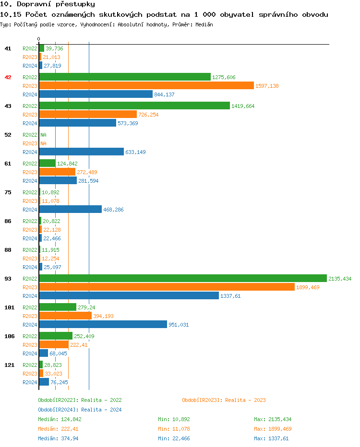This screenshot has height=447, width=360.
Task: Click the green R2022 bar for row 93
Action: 182,278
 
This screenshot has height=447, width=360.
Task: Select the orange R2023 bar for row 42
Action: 146,85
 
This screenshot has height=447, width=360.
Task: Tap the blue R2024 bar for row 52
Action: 81,152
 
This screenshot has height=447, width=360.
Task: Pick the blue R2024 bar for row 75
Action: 70,209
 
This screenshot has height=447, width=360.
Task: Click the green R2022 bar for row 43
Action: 134,106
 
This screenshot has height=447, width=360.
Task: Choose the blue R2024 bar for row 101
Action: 103,324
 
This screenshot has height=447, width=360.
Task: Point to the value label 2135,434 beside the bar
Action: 340,279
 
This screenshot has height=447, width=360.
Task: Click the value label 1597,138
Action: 267,86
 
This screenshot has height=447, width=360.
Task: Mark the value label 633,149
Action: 135,152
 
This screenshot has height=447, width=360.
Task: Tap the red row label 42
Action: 8,77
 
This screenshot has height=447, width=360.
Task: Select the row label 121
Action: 9,365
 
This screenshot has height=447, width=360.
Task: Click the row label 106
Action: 9,336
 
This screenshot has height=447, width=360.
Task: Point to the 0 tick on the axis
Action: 39,39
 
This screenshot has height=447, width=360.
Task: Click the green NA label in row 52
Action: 43,135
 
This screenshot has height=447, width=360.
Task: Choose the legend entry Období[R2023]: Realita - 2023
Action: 224,400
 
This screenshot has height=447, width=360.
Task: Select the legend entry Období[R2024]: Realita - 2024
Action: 80,410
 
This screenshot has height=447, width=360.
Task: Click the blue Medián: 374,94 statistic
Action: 58,438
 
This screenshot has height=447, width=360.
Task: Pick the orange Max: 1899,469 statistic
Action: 273,429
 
